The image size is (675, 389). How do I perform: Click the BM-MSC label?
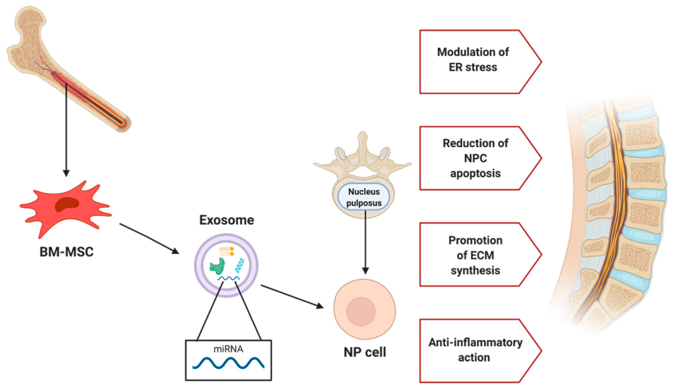67,252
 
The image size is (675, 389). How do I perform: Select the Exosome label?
227,220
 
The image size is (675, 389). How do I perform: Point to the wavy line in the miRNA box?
228,363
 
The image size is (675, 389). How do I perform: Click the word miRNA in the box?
228,349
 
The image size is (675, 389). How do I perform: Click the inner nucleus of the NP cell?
361,311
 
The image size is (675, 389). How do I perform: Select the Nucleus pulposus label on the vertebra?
364,197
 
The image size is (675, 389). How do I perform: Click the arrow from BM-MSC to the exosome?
149,239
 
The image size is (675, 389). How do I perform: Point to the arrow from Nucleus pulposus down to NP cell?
365,242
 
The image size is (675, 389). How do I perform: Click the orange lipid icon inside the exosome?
227,251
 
